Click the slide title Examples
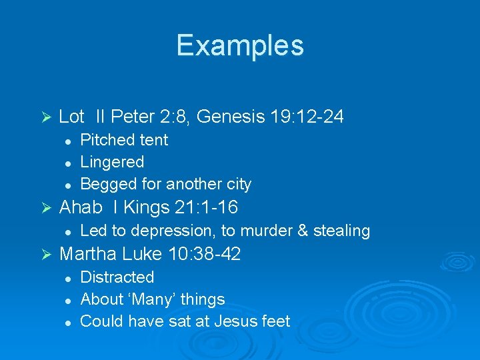pos(240,45)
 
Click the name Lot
pos(71,117)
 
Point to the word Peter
pos(132,117)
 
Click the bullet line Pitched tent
pos(124,140)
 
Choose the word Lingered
pos(112,162)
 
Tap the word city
pos(238,184)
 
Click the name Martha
pos(86,254)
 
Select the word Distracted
pos(117,277)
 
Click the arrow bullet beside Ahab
pos(46,208)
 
